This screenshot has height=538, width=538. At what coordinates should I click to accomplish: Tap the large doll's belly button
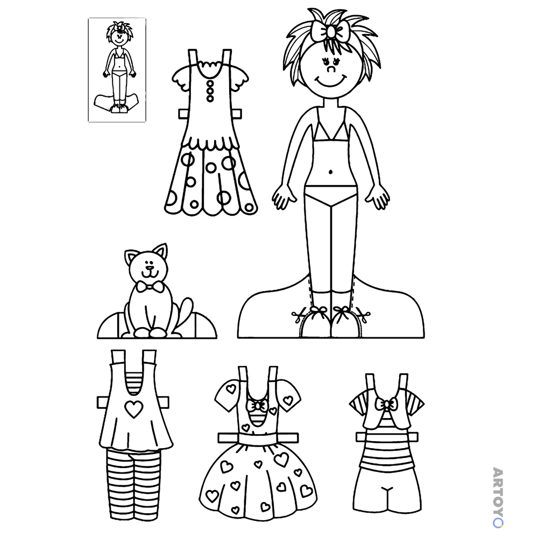point(330,171)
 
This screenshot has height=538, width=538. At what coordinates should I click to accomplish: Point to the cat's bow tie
point(150,287)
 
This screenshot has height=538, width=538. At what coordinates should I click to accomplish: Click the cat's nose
point(148,267)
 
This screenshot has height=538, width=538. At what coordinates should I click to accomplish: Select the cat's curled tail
point(184,312)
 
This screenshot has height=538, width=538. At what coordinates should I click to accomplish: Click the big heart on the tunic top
point(133,409)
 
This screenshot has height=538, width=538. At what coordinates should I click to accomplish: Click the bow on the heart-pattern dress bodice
point(257,406)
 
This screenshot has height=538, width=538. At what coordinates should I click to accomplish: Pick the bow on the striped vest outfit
point(386,405)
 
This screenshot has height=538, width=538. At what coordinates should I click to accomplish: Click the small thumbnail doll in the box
point(117,68)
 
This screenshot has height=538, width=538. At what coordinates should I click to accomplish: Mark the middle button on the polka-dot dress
point(210,91)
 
